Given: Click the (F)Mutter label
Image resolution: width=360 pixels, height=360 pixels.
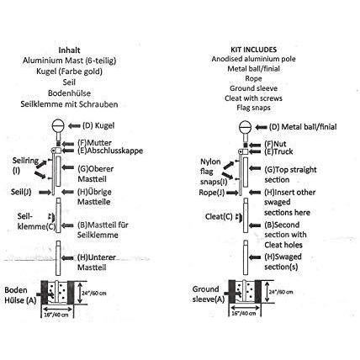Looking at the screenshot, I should (x=94, y=142).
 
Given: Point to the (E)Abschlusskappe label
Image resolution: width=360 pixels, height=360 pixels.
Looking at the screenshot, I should (x=110, y=152).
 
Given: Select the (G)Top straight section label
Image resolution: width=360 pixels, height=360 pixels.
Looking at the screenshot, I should (x=290, y=175).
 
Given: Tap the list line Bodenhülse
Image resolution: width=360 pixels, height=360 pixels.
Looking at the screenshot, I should (x=83, y=93).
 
